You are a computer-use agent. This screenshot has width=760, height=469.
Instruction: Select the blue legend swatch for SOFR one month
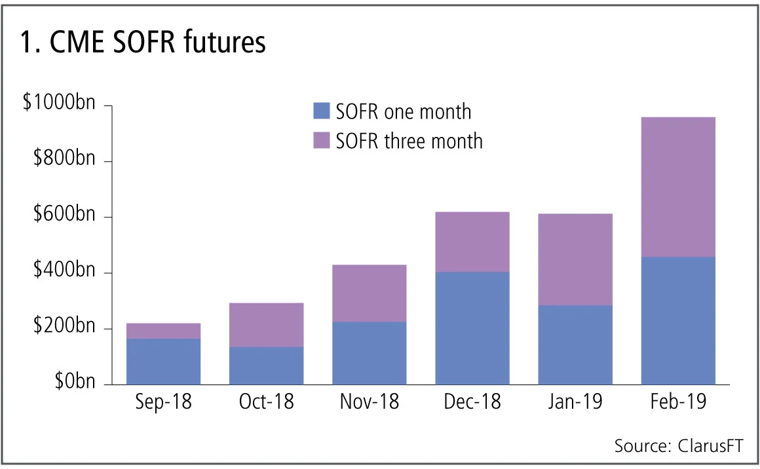click(322, 111)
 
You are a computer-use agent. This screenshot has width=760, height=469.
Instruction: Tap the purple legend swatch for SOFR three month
click(322, 140)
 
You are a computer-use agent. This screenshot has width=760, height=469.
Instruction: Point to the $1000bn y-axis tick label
click(58, 103)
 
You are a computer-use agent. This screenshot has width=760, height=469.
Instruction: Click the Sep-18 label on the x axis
click(163, 402)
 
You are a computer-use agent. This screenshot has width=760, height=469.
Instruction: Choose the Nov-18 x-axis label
click(369, 402)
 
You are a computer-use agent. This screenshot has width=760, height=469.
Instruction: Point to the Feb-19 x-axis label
click(677, 402)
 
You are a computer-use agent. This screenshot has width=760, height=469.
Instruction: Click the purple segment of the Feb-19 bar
click(678, 187)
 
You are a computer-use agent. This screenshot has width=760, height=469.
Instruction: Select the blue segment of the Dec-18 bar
click(472, 328)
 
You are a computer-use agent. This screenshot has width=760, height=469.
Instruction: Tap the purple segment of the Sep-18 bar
click(163, 331)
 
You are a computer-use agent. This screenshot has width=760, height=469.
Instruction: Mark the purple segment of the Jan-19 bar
click(575, 259)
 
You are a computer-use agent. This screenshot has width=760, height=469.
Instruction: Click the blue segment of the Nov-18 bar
click(369, 353)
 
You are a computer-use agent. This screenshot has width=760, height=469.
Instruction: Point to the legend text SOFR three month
click(409, 140)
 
